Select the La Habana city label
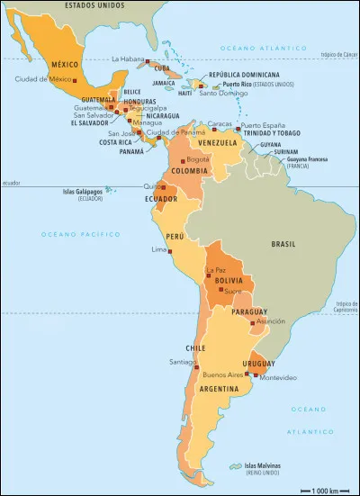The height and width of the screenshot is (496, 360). [127, 59]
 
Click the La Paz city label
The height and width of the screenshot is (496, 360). [216, 270]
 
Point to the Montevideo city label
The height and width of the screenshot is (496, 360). [277, 378]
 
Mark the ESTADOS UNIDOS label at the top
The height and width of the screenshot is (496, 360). [91, 5]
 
